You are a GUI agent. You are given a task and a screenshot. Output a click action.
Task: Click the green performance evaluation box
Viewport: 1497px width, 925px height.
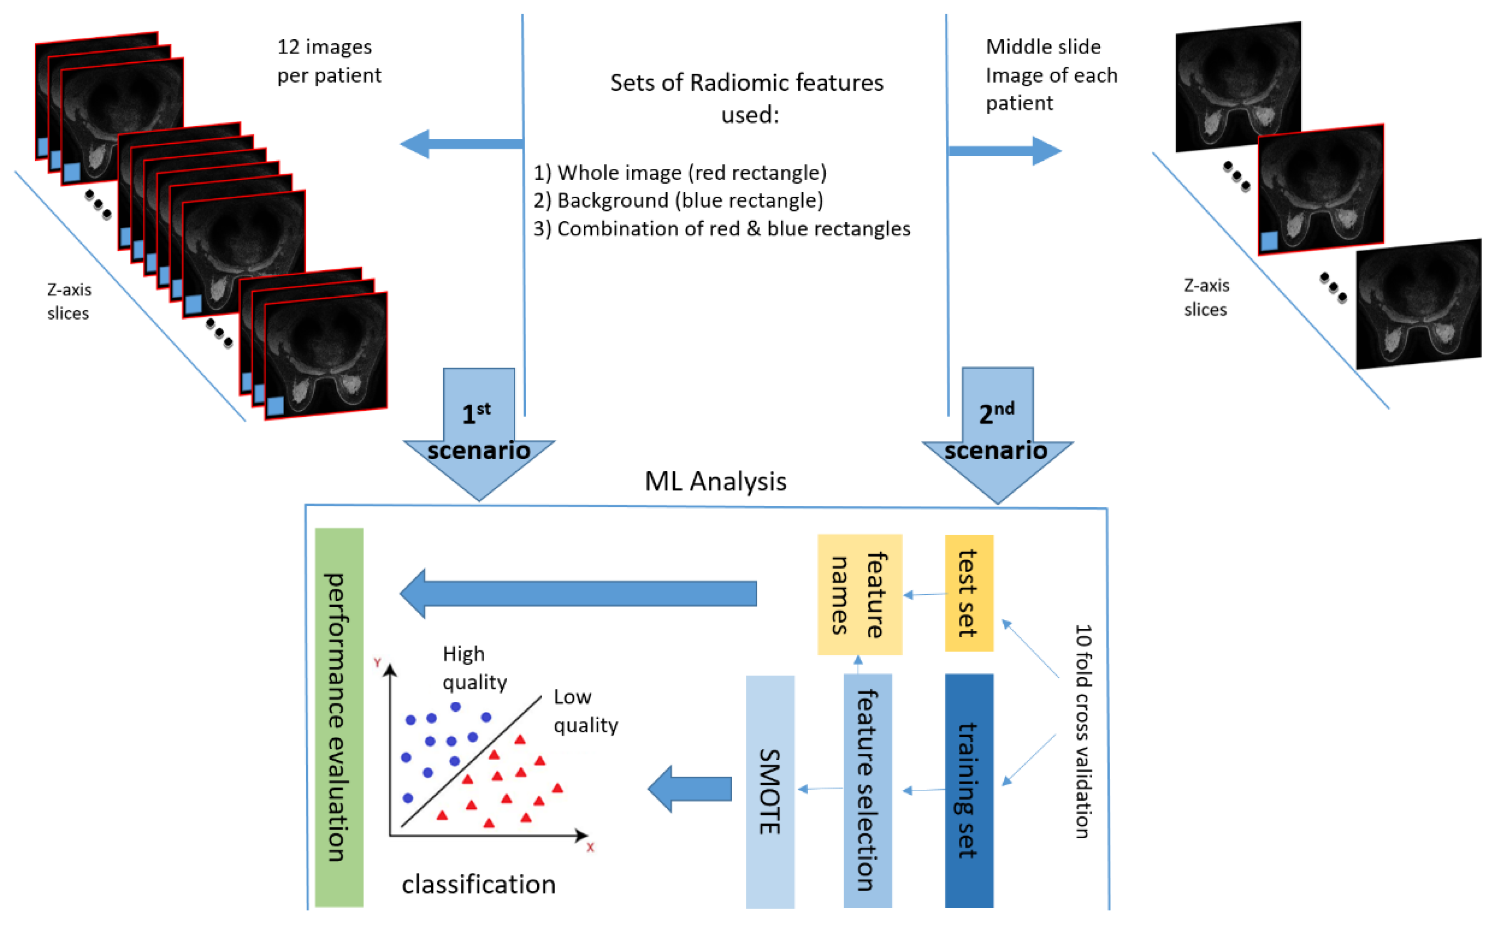[x=338, y=717]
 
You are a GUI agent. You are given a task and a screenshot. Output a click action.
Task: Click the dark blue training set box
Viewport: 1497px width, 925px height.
[x=969, y=790]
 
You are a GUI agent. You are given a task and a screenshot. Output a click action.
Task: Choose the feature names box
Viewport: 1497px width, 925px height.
[x=859, y=594]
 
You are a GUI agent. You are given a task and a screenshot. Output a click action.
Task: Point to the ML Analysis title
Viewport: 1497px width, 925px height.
[x=715, y=481]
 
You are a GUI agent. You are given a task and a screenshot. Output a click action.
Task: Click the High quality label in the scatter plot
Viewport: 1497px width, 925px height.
[x=474, y=668]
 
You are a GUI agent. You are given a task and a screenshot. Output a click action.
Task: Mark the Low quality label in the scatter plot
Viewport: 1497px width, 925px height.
[x=585, y=711]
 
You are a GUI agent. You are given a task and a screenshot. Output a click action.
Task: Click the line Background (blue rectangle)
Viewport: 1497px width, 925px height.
[x=678, y=200]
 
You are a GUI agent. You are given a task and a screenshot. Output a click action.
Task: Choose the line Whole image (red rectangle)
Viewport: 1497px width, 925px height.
[x=680, y=173]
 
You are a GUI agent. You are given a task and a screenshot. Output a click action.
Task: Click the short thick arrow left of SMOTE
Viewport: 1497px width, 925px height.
[x=690, y=789]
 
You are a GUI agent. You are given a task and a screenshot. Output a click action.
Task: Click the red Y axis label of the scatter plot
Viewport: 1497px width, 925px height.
[x=377, y=663]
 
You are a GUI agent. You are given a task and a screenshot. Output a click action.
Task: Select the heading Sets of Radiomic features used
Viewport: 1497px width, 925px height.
[x=747, y=98]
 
